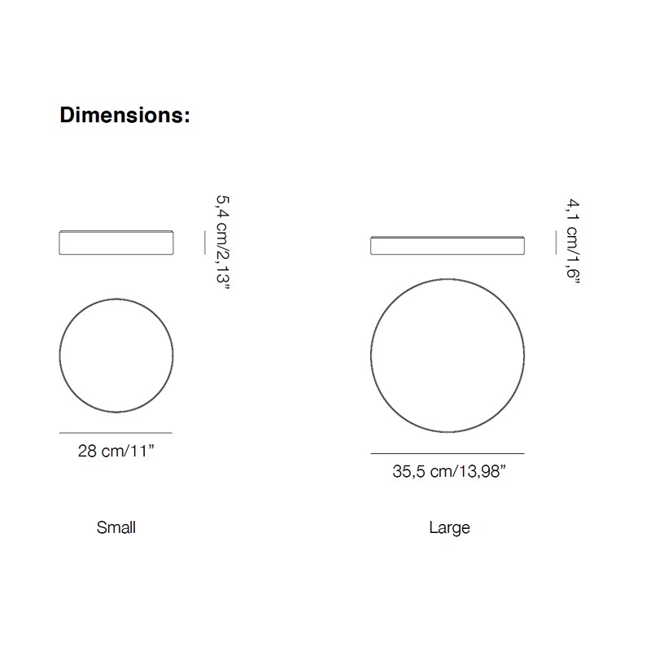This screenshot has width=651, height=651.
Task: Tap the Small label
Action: (x=116, y=527)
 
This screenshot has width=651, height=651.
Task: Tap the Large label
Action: (x=450, y=528)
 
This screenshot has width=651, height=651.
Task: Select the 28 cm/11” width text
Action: (x=116, y=451)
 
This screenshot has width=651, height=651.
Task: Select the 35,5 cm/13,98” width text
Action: (x=449, y=472)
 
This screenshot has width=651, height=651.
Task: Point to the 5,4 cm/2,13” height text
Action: (x=222, y=243)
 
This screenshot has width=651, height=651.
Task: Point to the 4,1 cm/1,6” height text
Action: (x=573, y=241)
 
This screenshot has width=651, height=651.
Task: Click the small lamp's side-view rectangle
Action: (x=116, y=242)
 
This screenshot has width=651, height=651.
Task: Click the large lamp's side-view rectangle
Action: (x=448, y=246)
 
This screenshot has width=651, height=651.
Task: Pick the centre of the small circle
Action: (x=116, y=356)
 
